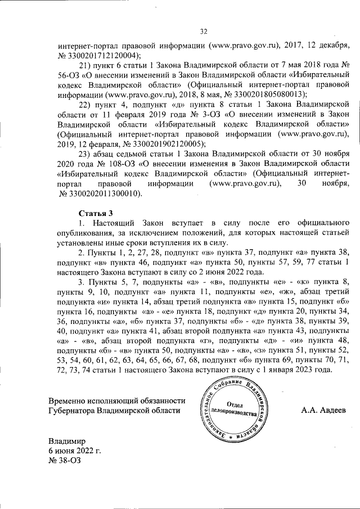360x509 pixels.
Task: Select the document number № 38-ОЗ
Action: [x=65, y=460]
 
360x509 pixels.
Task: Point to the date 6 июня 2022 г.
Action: [x=75, y=451]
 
